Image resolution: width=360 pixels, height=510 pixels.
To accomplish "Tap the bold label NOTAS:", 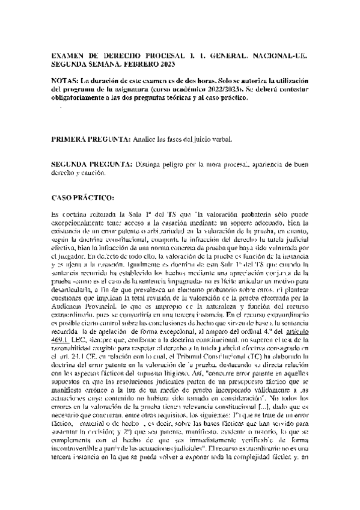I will point(67,81).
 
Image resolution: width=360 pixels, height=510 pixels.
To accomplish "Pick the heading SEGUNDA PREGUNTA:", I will point(93,164).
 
